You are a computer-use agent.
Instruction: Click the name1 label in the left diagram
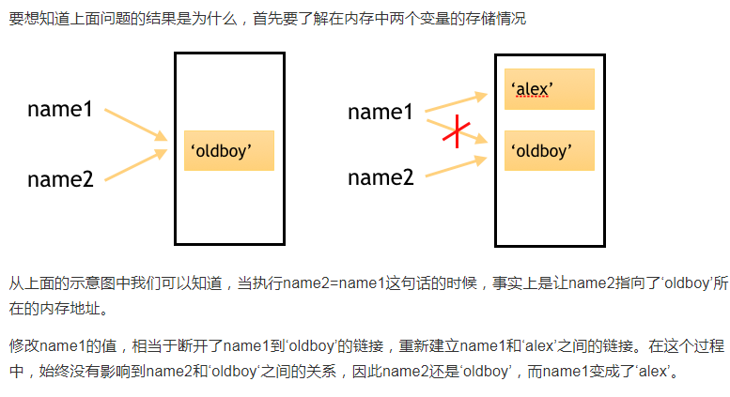pos(60,110)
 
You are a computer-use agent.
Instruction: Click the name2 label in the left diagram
pos(60,178)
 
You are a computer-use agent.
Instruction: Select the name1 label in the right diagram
pos(381,113)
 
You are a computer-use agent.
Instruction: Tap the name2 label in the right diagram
pos(381,177)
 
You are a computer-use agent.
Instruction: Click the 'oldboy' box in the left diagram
pos(228,150)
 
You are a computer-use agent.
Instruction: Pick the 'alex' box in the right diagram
pos(549,89)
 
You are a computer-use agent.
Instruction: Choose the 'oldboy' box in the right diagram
pos(549,150)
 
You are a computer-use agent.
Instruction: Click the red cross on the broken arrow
pos(457,131)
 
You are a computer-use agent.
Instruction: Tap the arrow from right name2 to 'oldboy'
pos(457,162)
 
